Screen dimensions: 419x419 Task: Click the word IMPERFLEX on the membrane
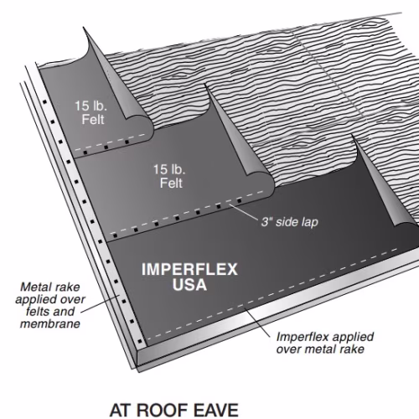tap(189, 270)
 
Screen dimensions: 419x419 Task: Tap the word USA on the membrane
tap(189, 285)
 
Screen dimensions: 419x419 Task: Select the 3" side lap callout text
tap(290, 222)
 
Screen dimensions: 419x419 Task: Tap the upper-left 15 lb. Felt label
tap(91, 112)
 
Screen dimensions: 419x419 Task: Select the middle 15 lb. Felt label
tap(169, 176)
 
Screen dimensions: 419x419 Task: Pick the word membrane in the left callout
tap(50, 324)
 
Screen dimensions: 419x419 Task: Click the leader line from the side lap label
tap(243, 211)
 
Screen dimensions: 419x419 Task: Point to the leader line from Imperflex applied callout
tap(257, 323)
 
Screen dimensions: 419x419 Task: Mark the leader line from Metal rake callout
tap(99, 304)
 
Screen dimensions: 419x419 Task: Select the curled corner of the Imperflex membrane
tap(385, 184)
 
